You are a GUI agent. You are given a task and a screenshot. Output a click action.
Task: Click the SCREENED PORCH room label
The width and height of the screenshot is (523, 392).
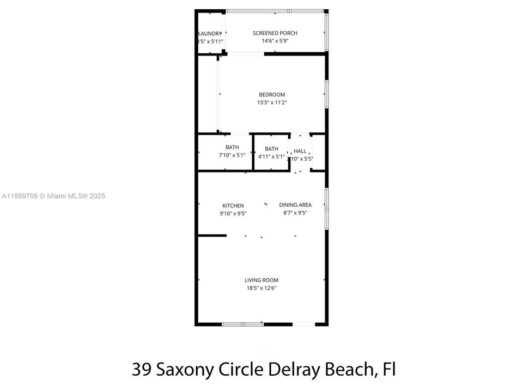(x=275, y=33)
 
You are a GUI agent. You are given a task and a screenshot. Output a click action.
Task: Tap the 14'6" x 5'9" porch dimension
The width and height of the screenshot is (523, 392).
(x=275, y=41)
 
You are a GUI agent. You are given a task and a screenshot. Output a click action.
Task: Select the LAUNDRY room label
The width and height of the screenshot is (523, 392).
(x=211, y=33)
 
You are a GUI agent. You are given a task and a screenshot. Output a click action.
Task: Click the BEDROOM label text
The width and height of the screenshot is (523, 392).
(x=272, y=95)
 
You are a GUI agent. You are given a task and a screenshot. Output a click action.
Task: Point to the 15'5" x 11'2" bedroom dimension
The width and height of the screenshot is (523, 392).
(x=272, y=102)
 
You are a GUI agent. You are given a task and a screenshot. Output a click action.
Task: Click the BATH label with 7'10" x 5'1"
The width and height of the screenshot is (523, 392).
(x=232, y=148)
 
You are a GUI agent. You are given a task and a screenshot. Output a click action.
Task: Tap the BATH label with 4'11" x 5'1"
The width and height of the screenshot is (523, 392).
(x=271, y=149)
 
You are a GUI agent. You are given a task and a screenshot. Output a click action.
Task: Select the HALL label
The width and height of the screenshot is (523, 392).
(x=300, y=151)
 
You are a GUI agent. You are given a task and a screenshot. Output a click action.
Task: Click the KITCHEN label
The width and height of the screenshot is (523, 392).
(x=233, y=206)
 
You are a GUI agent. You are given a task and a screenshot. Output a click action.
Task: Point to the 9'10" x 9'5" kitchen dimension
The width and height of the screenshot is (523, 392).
(x=233, y=213)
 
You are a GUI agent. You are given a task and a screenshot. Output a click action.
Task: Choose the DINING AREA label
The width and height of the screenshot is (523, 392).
(x=295, y=205)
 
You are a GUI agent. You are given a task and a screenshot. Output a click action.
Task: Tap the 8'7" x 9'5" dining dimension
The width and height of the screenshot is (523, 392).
(x=295, y=213)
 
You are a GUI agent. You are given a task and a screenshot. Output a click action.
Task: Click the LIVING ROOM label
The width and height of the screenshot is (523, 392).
(x=261, y=280)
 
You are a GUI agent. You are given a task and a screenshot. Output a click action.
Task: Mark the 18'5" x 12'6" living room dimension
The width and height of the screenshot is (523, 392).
(x=261, y=288)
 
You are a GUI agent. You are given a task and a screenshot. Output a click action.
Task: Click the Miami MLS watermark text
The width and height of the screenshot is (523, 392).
(x=53, y=196)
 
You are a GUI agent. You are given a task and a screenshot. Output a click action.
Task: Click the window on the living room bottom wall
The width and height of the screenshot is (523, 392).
(x=242, y=324)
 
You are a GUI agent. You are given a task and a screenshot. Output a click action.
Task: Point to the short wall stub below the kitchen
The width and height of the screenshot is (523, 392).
(x=212, y=236)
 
